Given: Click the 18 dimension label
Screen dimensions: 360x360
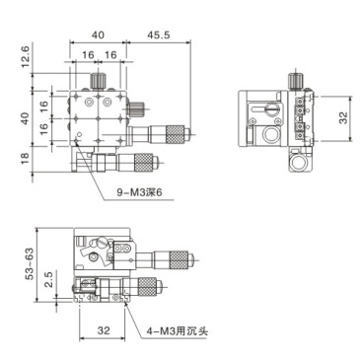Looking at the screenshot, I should pos(23,159).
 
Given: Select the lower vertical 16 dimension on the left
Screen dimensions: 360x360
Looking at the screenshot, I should pos(42,128).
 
